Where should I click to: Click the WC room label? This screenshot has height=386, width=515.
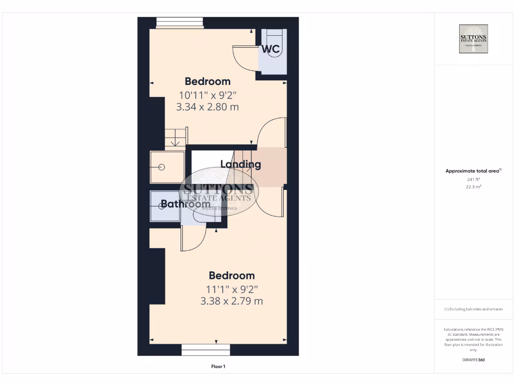pyautogui.click(x=271, y=49)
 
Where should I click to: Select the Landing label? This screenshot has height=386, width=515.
pyautogui.click(x=240, y=164)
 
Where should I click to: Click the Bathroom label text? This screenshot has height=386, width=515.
pyautogui.click(x=185, y=204)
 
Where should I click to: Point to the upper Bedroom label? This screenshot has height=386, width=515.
pyautogui.click(x=207, y=81)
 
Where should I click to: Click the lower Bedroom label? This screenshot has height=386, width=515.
pyautogui.click(x=231, y=275)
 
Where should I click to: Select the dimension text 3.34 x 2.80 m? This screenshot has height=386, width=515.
pyautogui.click(x=207, y=107)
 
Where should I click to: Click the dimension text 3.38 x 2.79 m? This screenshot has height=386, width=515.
pyautogui.click(x=231, y=301)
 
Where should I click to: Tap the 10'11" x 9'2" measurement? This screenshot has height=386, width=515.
pyautogui.click(x=207, y=94)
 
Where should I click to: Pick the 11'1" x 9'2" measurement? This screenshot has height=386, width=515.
pyautogui.click(x=231, y=289)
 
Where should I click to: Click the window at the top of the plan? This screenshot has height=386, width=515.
pyautogui.click(x=180, y=23)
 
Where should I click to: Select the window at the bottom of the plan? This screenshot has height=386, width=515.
pyautogui.click(x=206, y=349)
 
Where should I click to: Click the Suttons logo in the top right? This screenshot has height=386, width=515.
pyautogui.click(x=473, y=39)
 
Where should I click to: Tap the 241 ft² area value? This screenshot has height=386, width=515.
pyautogui.click(x=473, y=179)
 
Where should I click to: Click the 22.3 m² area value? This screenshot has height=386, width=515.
pyautogui.click(x=473, y=186)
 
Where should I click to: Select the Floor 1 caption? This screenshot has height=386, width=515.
pyautogui.click(x=218, y=366)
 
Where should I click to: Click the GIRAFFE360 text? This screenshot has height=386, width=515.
pyautogui.click(x=473, y=360)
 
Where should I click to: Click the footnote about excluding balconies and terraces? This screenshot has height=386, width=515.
pyautogui.click(x=473, y=309)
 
